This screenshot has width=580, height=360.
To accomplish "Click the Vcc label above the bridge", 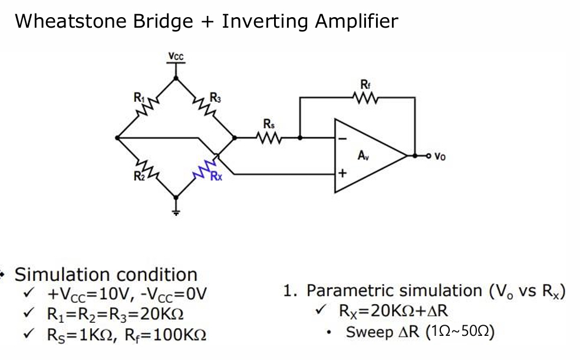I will click(x=176, y=57).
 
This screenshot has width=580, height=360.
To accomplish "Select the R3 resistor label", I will click(x=216, y=97).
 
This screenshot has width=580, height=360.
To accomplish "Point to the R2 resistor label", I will click(x=137, y=174).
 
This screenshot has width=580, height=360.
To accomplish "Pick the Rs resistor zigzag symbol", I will click(x=269, y=138).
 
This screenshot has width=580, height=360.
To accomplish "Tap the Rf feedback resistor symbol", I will click(x=365, y=98).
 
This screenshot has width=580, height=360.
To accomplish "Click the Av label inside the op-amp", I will click(x=364, y=156).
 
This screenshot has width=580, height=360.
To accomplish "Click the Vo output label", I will click(x=440, y=157).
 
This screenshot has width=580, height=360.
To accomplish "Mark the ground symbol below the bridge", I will click(x=176, y=208).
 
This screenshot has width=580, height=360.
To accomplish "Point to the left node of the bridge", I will click(x=117, y=138).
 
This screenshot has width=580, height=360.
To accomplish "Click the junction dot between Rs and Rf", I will click(x=300, y=138).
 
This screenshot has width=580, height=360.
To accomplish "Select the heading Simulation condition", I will click(x=106, y=275).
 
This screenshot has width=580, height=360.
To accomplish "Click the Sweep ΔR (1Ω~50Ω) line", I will click(x=420, y=332).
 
